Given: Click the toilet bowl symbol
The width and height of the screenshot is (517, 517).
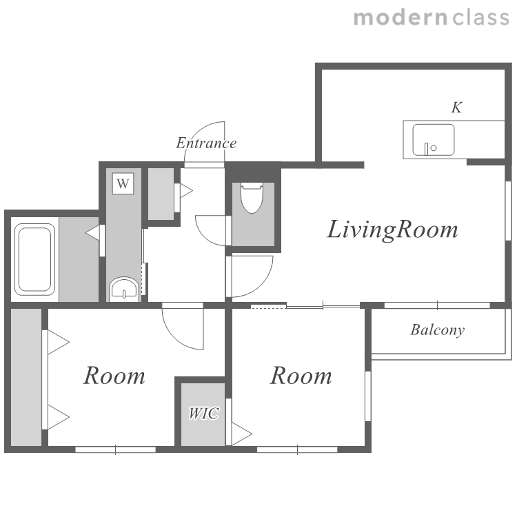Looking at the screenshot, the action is click(x=252, y=198).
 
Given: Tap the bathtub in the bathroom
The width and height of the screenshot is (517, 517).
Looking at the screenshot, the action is click(x=34, y=259).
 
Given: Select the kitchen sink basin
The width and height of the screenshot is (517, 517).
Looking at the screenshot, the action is click(x=434, y=140).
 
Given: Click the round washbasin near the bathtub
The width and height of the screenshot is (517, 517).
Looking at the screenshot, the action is click(x=123, y=289).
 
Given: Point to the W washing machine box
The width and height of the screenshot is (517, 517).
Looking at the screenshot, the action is click(x=123, y=183).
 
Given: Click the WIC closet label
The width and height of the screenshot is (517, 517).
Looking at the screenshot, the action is click(x=203, y=413).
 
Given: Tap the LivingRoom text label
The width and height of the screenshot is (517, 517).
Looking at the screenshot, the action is click(x=392, y=230).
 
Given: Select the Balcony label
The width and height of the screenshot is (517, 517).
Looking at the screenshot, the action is click(x=438, y=330).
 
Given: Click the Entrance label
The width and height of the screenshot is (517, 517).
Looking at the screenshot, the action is click(x=206, y=143).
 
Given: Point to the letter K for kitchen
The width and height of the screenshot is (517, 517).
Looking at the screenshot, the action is click(x=457, y=108).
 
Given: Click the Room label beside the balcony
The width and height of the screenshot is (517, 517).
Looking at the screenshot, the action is click(x=301, y=376).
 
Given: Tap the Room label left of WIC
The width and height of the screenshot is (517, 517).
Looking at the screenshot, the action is click(x=114, y=376).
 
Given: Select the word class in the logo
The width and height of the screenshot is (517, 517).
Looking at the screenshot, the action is click(x=480, y=17).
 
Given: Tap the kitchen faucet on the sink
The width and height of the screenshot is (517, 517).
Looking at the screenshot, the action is click(x=426, y=149).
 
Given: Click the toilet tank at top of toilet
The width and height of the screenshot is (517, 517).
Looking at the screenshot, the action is click(x=252, y=186).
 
